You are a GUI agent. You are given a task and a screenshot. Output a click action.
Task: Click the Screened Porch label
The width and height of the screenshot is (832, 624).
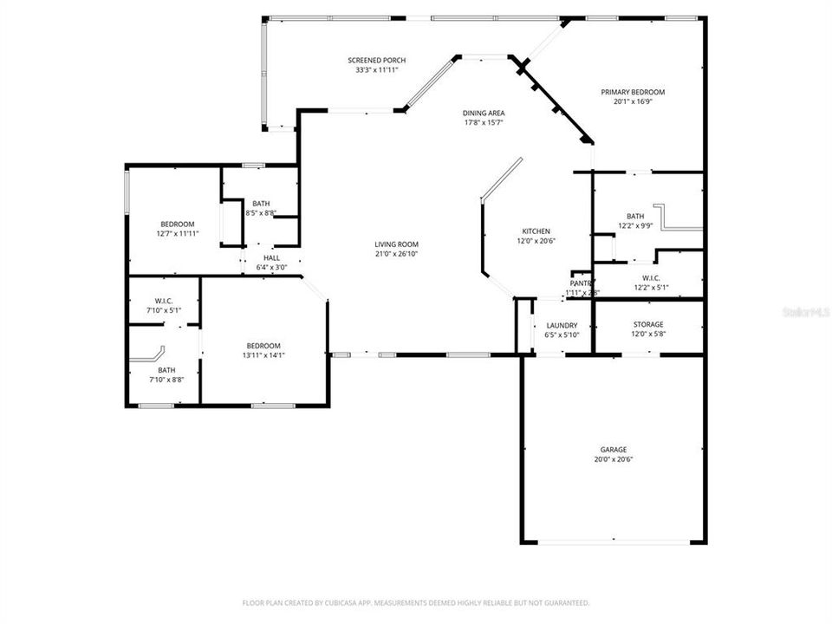point(376,60)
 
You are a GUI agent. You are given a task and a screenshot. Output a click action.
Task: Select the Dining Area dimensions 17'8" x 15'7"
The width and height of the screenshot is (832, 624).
point(484,122)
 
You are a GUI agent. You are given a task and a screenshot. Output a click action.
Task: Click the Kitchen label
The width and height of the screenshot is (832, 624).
point(536,231)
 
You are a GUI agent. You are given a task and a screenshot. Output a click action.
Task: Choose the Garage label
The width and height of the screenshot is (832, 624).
point(614,450)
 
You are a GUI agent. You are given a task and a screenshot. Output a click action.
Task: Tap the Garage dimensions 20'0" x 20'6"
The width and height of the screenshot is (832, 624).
point(614,460)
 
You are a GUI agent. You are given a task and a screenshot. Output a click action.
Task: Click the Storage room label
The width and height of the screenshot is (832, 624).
point(647,324)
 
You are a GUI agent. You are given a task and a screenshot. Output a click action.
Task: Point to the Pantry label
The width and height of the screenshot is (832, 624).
point(581,283)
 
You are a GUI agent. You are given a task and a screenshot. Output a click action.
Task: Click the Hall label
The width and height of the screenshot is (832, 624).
point(271,257)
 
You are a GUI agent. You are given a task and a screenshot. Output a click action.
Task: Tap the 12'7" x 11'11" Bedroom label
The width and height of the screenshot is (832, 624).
point(177,224)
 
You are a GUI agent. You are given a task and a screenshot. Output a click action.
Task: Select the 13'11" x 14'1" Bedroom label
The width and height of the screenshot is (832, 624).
point(263,345)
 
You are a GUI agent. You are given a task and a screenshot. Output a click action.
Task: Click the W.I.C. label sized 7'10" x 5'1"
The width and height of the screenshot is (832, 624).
point(164,301)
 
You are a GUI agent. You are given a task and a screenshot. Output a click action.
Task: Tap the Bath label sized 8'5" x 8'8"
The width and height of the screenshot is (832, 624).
point(261,204)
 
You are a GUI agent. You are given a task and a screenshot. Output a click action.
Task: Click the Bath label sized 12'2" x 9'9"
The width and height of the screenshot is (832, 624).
point(635,217)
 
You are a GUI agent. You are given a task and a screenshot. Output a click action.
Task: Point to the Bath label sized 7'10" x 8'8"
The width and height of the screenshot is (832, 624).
point(166,369)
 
